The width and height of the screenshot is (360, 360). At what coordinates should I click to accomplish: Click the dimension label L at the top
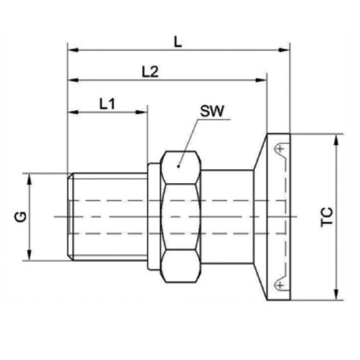(x=179, y=42)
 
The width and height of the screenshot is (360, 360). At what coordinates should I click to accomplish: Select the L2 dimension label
(x=150, y=71)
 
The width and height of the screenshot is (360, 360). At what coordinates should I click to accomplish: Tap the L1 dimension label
(x=107, y=103)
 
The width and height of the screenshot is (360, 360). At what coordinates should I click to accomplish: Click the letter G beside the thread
(x=22, y=217)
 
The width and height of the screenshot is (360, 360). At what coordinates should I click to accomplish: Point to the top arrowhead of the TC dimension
(x=336, y=138)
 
